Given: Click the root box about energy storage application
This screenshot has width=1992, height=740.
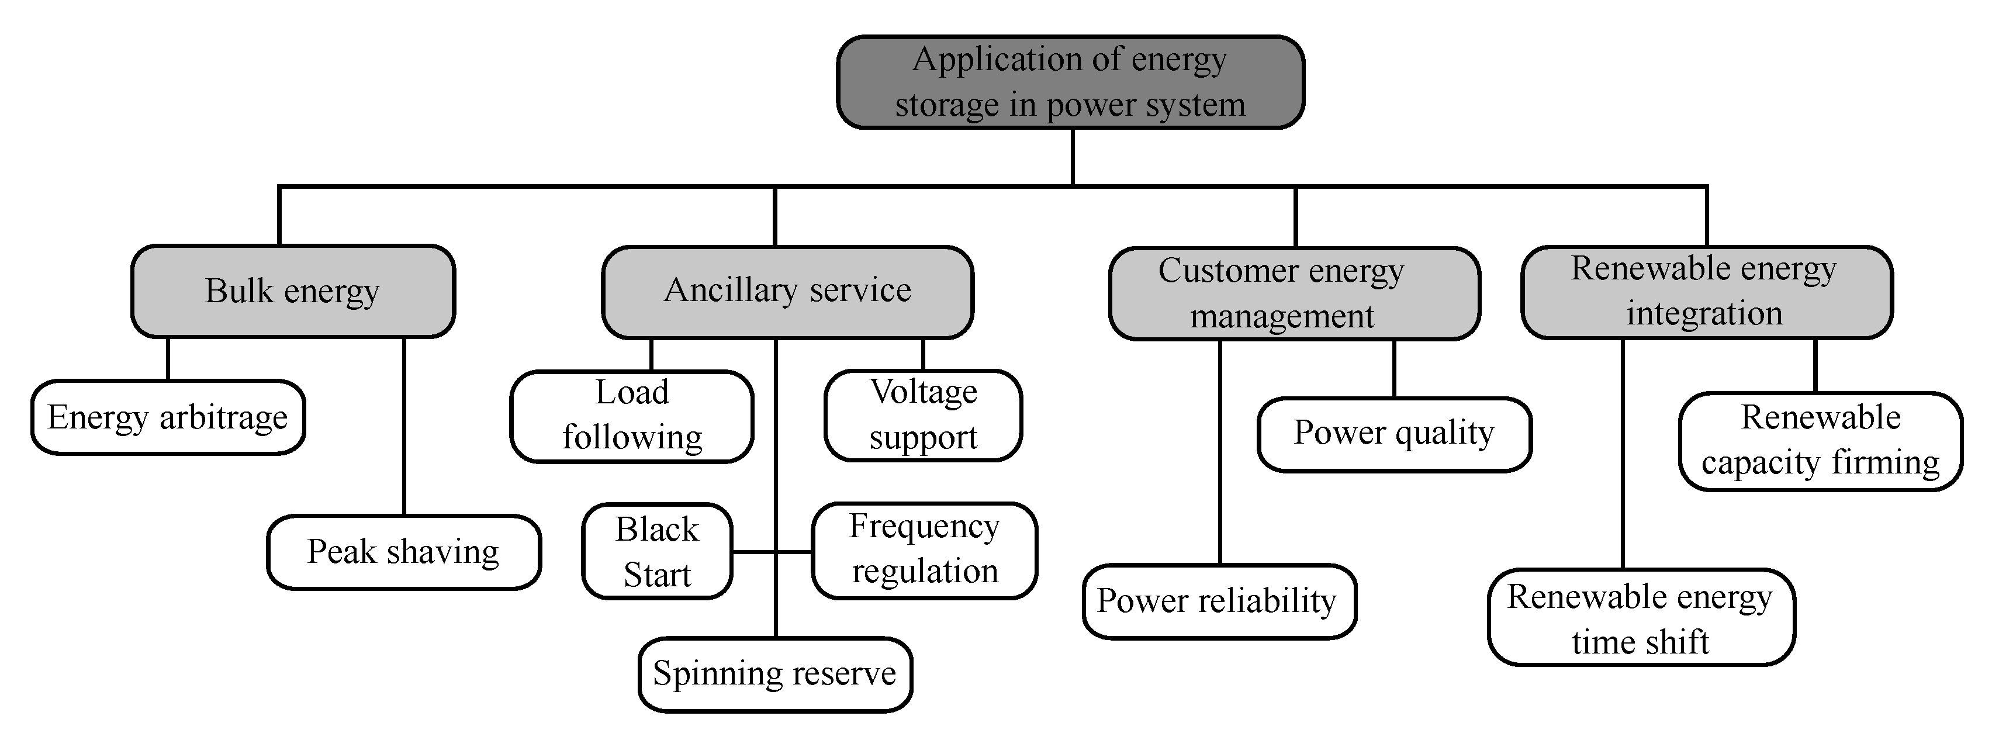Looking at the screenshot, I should [x=1070, y=82].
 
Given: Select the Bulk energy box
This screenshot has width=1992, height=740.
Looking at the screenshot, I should [x=293, y=292].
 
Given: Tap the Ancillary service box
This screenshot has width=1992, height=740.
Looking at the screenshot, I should [x=787, y=292].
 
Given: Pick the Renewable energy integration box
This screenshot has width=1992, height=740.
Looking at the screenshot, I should [x=1706, y=292].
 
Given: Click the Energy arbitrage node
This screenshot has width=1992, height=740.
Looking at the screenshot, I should [x=168, y=417].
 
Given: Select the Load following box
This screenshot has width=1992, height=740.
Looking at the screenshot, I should [x=631, y=416].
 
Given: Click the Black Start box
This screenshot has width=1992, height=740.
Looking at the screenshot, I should [x=656, y=551].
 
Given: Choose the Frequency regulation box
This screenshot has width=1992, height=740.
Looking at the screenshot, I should [x=924, y=551].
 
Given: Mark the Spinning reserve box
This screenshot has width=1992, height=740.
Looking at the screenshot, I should [x=775, y=673].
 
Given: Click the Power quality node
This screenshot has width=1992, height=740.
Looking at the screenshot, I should [x=1393, y=434].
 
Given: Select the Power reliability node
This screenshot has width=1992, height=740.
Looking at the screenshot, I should [x=1219, y=601].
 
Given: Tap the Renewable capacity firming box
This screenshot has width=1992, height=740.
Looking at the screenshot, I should [x=1820, y=441].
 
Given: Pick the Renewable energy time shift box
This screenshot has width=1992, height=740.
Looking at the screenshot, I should [x=1640, y=617].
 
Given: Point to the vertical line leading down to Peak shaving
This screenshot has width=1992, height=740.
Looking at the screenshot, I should [x=404, y=426].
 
